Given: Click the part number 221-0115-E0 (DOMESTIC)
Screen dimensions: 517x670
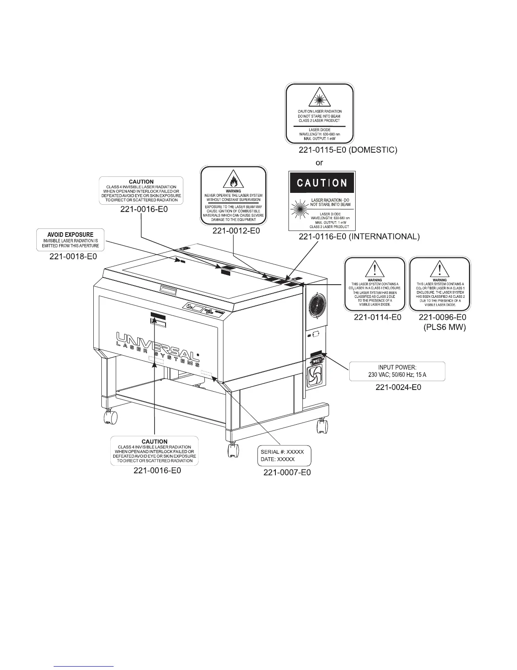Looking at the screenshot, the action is (348, 150).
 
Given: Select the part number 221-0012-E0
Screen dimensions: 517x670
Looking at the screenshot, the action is (236, 231).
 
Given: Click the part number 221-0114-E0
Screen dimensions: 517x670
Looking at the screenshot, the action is (377, 317).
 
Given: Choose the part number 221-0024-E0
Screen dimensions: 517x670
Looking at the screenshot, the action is (398, 387).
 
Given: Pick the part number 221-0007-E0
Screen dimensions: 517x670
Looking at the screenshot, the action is (287, 472).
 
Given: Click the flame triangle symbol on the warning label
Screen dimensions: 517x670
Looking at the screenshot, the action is (234, 181).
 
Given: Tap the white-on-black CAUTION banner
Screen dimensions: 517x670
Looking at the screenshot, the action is (322, 183).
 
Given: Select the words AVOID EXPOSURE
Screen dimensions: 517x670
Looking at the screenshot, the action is (71, 234).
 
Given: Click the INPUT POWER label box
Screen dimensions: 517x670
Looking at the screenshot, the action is (397, 371).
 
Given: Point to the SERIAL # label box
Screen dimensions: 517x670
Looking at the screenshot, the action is (284, 456).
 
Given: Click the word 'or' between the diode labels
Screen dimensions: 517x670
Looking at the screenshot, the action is (320, 162).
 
